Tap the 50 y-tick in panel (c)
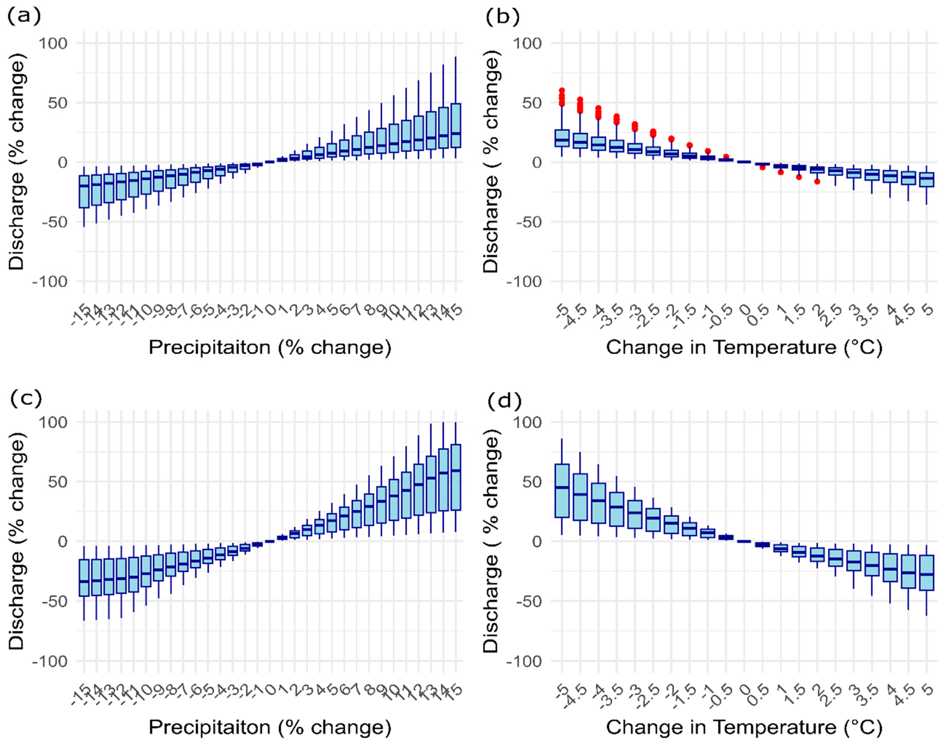pyautogui.click(x=57, y=482)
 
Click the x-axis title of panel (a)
pyautogui.click(x=270, y=348)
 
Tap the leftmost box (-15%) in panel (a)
pyautogui.click(x=84, y=191)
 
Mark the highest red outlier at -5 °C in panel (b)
pyautogui.click(x=562, y=90)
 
